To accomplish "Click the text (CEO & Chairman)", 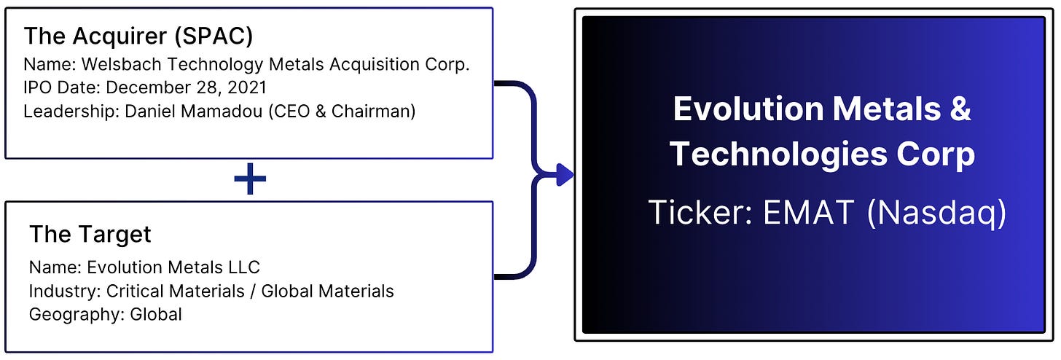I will [x=342, y=111].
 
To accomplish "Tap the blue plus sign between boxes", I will [x=250, y=180].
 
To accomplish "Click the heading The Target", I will [x=90, y=235].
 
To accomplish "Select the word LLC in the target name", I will [x=243, y=267].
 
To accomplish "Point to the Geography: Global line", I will [x=105, y=314].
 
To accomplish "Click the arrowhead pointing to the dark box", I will [x=564, y=174].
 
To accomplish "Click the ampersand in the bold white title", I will [x=961, y=110].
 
